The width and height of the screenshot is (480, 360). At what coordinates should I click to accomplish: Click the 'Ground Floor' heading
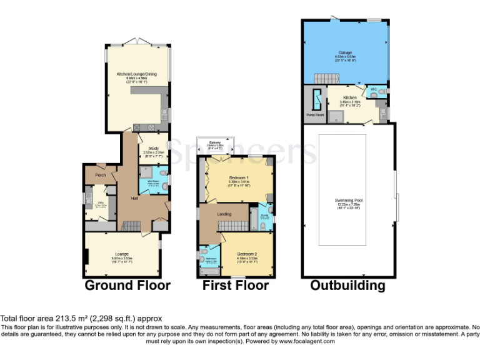pos(127,286)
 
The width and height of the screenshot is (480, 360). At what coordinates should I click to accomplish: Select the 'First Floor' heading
pos(236,286)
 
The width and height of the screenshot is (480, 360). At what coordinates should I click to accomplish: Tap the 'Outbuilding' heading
pos(347,286)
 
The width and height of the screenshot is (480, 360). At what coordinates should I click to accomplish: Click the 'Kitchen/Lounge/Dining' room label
pos(136,74)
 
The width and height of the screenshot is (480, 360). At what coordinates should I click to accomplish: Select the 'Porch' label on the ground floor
pos(101,175)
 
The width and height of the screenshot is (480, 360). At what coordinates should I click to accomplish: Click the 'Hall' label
pos(134,198)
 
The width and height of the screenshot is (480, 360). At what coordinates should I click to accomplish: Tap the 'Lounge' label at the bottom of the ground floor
pos(122,254)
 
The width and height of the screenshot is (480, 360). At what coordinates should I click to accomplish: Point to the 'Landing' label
pos(224,214)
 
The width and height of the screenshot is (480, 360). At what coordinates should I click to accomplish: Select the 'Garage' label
pos(345,52)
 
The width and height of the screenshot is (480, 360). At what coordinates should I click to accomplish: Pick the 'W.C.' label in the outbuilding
pos(373,89)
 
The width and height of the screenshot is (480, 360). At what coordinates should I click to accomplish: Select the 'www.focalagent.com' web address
pos(307,341)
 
